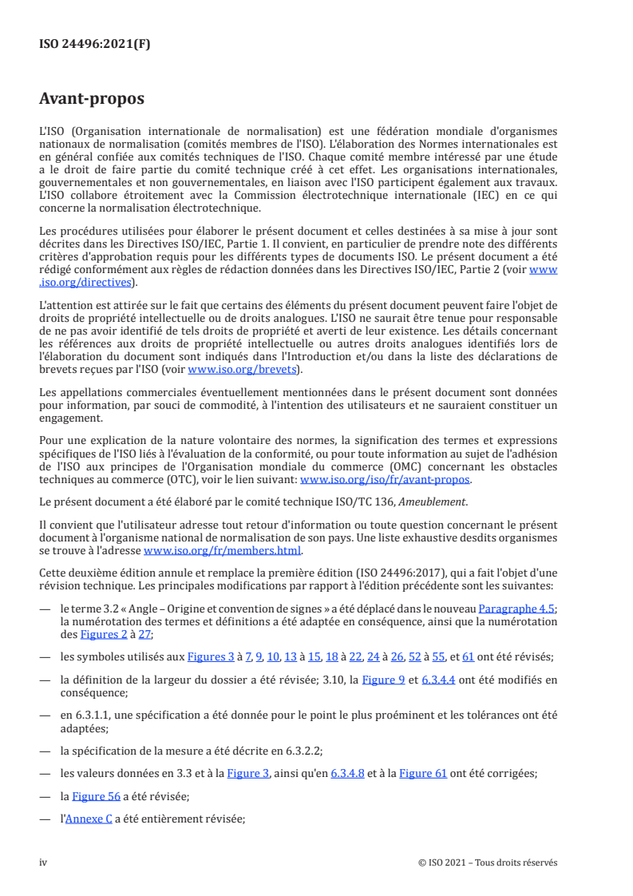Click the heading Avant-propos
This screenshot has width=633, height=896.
point(92,99)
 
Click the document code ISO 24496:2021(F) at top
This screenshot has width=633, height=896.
point(94,44)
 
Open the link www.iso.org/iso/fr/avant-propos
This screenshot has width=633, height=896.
point(385,480)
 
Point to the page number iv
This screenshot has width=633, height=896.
point(44,862)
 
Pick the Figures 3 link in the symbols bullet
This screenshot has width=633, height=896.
point(210,656)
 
